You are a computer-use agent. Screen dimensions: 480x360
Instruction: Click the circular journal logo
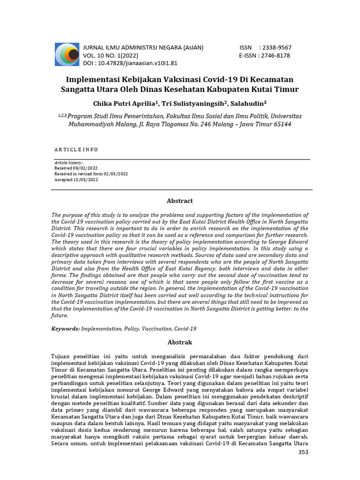point(67,54)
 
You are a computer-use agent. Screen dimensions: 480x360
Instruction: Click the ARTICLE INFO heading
point(76,149)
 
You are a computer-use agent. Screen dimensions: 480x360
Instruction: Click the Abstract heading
point(180,201)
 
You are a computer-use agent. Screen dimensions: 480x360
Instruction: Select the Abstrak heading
point(180,342)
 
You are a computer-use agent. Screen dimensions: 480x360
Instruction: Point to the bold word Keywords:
point(66,329)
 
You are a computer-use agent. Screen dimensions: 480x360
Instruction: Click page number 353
point(303,452)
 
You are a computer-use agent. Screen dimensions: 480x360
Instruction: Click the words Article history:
point(68,162)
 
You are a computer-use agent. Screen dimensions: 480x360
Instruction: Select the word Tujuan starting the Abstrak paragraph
point(62,357)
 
